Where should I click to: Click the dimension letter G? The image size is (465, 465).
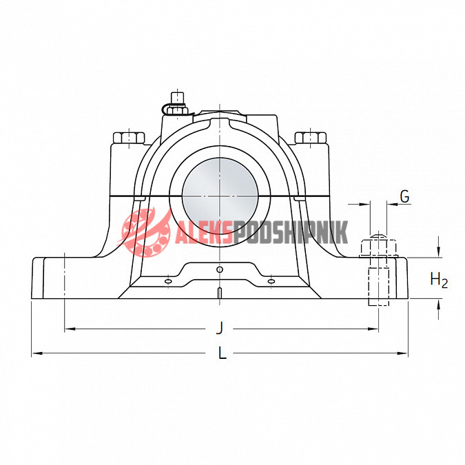tap(405, 196)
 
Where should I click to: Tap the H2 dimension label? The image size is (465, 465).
tap(439, 280)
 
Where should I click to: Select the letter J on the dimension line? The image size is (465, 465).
tap(220, 328)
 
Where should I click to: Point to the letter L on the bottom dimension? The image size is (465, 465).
tap(222, 353)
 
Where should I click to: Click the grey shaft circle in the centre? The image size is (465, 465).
tap(220, 196)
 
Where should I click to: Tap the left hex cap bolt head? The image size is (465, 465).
tap(129, 138)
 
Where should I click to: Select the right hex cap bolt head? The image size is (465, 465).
tap(311, 138)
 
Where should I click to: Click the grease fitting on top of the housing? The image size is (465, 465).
tap(177, 105)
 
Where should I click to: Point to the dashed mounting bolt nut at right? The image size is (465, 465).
tap(379, 248)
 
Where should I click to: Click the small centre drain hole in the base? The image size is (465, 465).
tap(220, 269)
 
